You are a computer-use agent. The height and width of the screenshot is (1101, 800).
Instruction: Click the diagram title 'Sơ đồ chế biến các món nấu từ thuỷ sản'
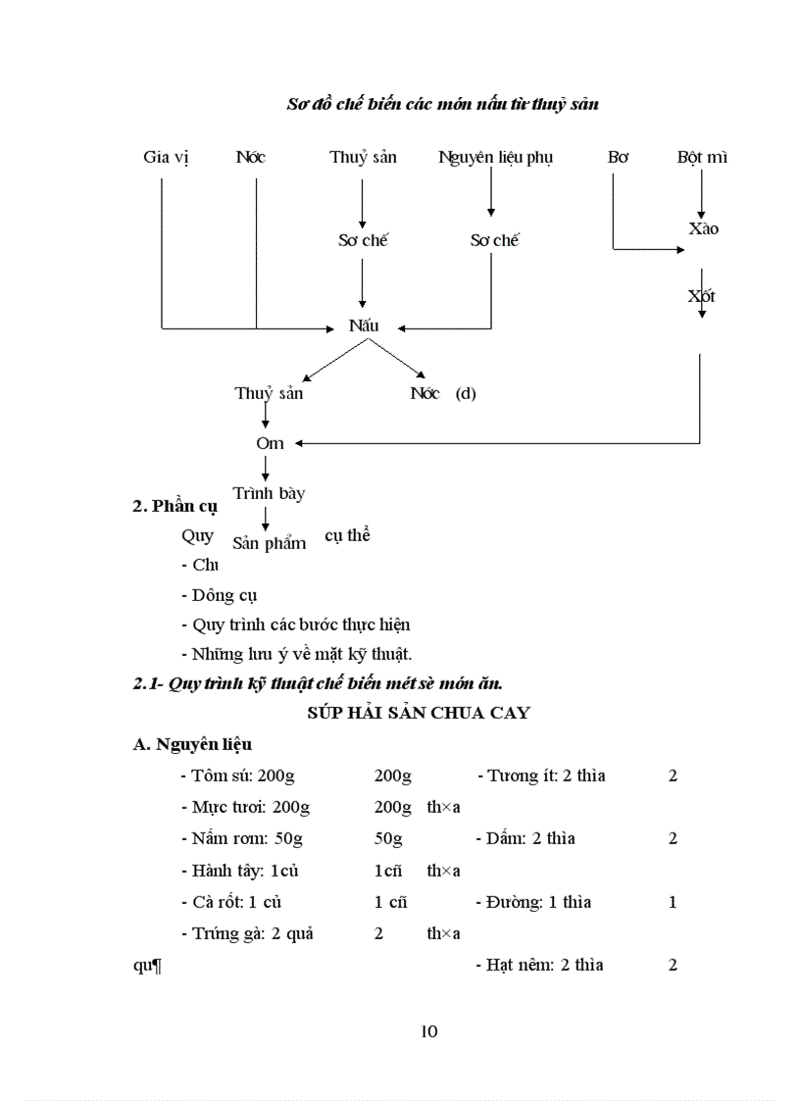[x=441, y=104]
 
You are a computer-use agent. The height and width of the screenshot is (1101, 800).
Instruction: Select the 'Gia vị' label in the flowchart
[x=166, y=157]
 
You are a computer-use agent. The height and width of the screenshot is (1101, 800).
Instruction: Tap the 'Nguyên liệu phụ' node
[x=495, y=157]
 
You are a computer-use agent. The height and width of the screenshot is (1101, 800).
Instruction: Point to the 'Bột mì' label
[x=702, y=157]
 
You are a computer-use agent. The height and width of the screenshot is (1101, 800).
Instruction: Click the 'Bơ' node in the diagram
[x=618, y=157]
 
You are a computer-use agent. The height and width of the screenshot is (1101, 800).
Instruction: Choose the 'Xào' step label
[x=704, y=228]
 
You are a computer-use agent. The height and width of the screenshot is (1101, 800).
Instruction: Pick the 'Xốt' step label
[x=702, y=295]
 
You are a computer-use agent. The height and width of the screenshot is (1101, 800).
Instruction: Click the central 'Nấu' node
[x=364, y=326]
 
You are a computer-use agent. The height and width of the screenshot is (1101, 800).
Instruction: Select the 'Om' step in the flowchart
[x=270, y=443]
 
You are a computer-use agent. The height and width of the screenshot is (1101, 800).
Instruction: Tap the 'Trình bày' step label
[x=268, y=493]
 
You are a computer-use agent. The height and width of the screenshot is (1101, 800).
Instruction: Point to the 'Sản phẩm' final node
[x=269, y=542]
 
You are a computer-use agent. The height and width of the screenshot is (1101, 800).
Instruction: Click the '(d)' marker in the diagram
[x=466, y=394]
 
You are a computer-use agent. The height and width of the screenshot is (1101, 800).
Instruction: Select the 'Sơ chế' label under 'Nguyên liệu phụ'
[x=494, y=240]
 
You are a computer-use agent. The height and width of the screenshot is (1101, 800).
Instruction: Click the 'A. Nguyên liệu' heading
[x=192, y=744]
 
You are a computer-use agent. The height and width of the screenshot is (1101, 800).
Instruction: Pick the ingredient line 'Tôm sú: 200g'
[x=238, y=776]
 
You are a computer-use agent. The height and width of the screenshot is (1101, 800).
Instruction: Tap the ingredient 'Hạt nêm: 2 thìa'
[x=545, y=965]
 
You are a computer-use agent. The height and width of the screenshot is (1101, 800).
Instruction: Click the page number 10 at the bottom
[x=428, y=1030]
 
